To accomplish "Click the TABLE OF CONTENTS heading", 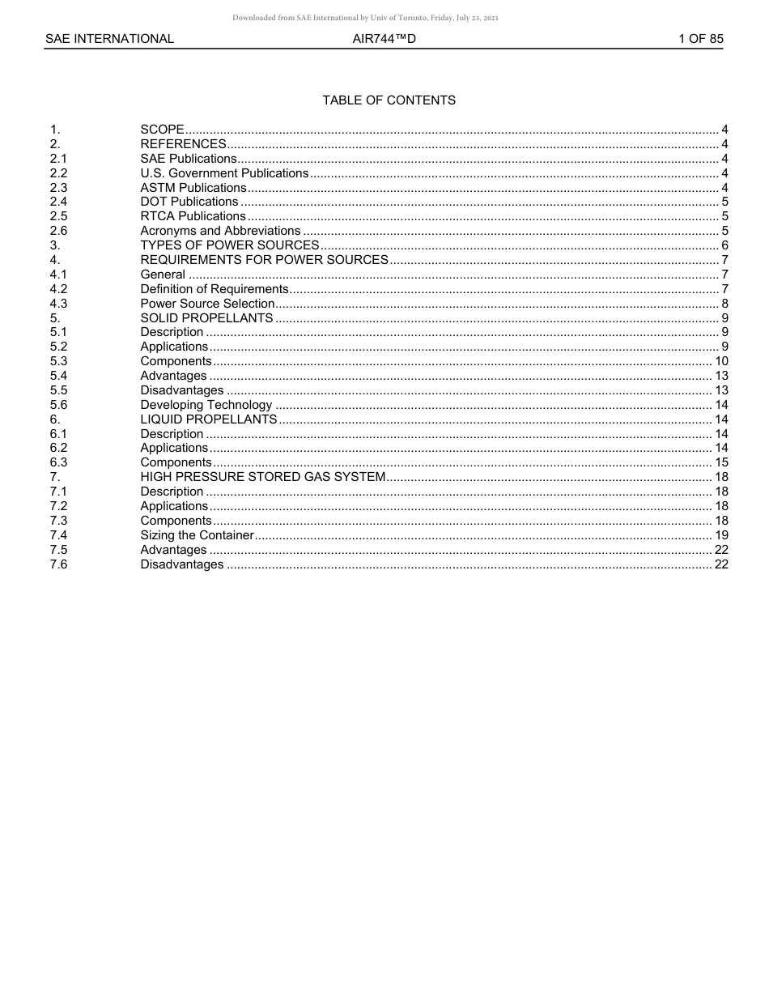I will pos(389,100).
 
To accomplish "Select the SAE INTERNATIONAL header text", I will pos(109,39).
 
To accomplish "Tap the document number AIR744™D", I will pos(384,39).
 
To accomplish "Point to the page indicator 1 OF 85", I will pos(700,39).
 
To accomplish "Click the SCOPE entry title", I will pos(162,130).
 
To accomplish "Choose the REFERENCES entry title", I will pos(183,144).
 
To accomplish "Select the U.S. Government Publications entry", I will pos(224,173).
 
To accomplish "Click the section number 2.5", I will pos(58,216).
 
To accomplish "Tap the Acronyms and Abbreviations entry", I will pos(220,231).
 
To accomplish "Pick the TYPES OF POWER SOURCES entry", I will pos(230,245).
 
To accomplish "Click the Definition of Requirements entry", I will pos(215,289).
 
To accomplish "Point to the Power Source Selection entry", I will pos(207,304).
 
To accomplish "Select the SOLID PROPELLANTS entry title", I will pos(206,318).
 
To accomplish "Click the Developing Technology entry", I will pos(206,405).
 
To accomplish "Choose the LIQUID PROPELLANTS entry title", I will pos(209,419).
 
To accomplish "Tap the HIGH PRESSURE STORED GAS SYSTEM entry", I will pos(263,477).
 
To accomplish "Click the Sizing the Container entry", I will pos(197,535).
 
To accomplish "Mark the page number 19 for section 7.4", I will pos(721,535).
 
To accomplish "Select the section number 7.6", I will pos(58,564).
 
